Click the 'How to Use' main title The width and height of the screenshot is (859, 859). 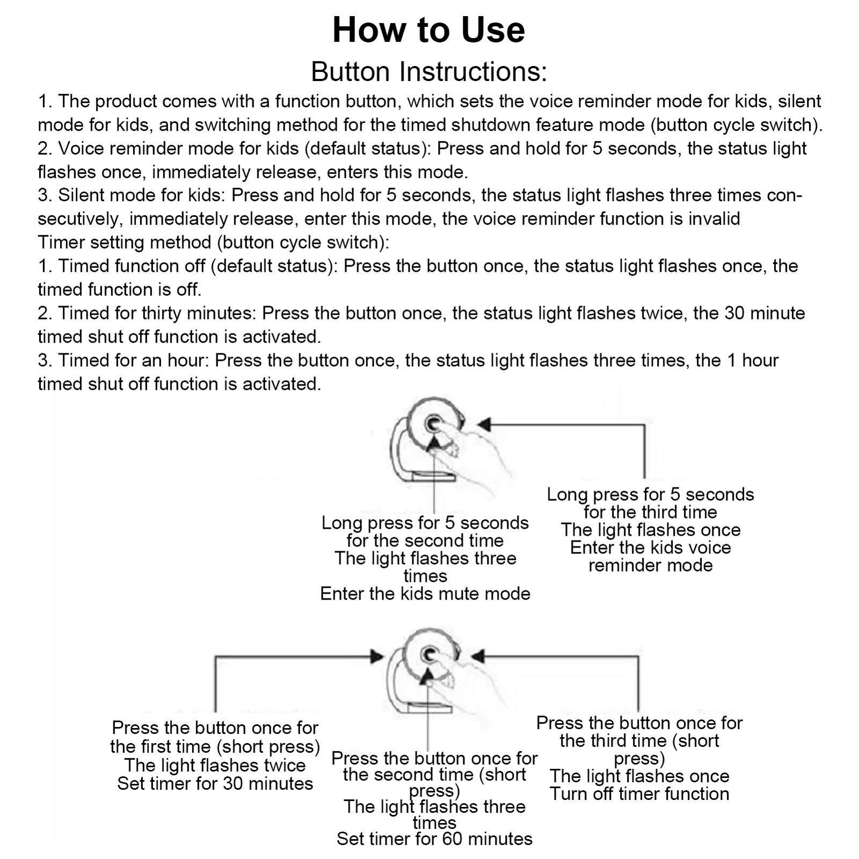[428, 30]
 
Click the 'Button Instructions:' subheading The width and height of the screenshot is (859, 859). [429, 71]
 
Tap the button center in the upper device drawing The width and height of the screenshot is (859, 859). [432, 424]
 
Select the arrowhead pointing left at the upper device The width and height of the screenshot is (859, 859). [485, 425]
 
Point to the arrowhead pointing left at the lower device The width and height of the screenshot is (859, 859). [478, 656]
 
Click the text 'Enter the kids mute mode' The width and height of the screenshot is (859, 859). [425, 593]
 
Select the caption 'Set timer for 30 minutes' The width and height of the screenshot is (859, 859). [215, 783]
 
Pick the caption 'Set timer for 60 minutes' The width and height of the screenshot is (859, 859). [434, 839]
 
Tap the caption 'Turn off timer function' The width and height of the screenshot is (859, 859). [639, 794]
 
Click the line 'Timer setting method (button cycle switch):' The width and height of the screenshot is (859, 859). [213, 242]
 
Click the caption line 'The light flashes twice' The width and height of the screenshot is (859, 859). [215, 765]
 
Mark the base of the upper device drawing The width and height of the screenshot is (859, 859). [432, 475]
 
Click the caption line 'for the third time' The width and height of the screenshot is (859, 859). [650, 512]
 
